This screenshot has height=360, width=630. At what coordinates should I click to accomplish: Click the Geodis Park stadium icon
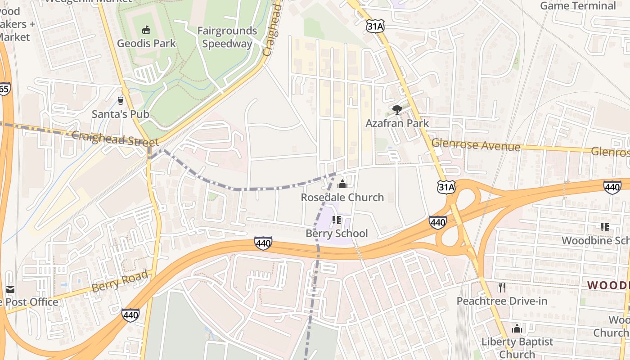pos(146,31)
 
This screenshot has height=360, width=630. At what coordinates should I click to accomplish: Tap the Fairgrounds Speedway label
pos(227,37)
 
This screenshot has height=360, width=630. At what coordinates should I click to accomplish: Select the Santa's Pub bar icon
pos(120,100)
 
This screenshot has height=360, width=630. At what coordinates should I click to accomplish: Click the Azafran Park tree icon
pos(397,109)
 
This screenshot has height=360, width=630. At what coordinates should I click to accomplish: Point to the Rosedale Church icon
pos(342,184)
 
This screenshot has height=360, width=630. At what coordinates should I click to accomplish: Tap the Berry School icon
pos(336,220)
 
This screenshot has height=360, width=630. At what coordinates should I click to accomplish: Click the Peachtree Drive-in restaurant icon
pos(502,287)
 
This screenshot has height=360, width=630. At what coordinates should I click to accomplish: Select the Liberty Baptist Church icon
pos(517,328)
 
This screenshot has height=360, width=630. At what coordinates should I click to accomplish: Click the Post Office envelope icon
pos(10,289)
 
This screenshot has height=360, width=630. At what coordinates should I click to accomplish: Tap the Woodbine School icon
pos(604,227)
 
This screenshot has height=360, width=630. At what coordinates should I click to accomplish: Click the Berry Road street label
pos(120,282)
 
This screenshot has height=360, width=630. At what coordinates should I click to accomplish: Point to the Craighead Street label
pos(115,139)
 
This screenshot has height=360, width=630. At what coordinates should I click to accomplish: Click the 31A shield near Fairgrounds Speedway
pos(375,27)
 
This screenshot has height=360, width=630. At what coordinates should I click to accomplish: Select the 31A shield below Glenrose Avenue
pos(446,187)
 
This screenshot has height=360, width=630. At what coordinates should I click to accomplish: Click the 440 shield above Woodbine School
pos(612,187)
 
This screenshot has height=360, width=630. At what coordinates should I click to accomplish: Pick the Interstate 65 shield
pos(4,89)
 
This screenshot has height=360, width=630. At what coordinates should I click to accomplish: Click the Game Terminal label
pos(578,6)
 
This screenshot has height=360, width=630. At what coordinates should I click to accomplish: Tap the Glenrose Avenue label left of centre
pos(476,145)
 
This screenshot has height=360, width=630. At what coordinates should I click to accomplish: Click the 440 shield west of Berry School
pos(263,243)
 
